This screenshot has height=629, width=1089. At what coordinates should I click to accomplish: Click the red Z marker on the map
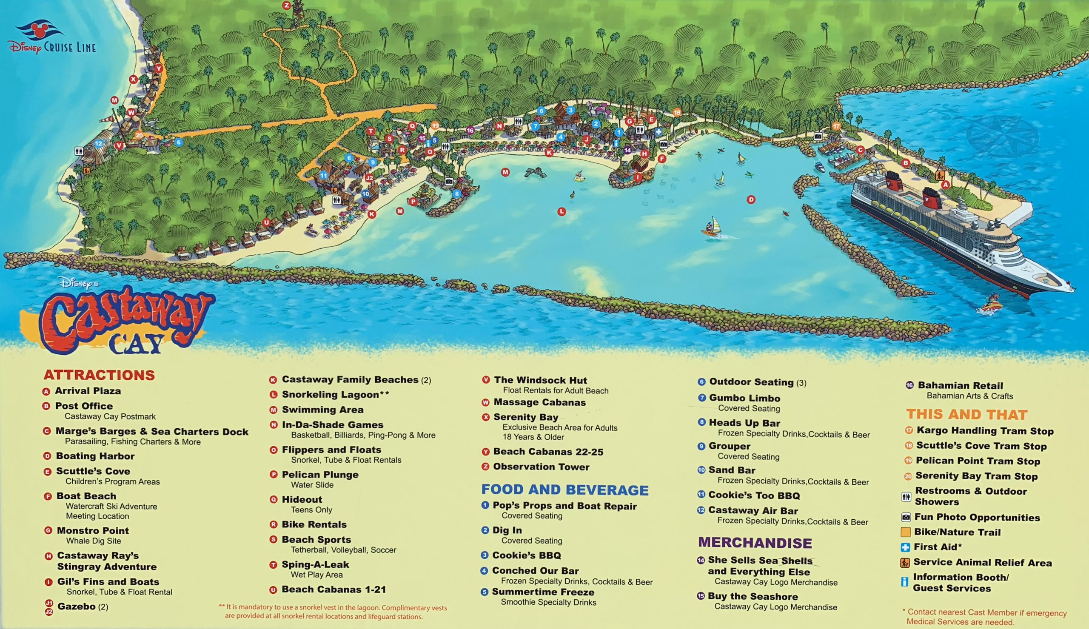[286, 5]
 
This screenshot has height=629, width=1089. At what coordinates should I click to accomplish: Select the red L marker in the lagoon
[562, 212]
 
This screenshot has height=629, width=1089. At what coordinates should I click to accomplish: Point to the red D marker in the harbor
[751, 199]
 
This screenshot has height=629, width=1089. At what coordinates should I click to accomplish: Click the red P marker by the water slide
[413, 202]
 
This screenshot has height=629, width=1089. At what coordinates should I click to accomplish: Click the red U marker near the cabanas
[266, 222]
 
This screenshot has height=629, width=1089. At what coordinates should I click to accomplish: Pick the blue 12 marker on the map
[99, 144]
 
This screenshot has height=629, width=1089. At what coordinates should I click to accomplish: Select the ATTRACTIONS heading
[99, 375]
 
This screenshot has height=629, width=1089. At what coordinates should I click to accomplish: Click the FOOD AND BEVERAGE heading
[564, 490]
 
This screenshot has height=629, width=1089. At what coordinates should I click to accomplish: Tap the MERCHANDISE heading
[755, 543]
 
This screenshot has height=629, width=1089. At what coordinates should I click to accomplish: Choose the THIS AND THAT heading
[966, 415]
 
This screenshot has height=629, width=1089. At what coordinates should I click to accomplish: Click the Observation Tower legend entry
[541, 467]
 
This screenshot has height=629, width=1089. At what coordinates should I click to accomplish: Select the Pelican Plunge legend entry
[319, 475]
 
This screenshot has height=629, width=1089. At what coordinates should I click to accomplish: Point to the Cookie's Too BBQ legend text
[754, 495]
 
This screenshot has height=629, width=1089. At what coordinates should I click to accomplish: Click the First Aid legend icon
[905, 548]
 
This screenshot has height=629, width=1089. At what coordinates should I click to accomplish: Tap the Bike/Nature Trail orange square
[906, 532]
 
